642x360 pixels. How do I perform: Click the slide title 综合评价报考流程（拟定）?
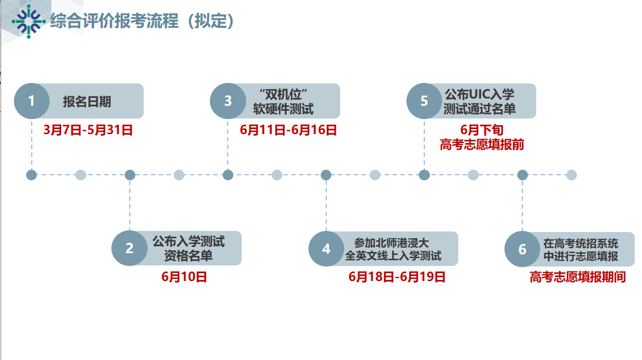coord(142,21)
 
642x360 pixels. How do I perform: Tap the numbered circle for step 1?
coord(32,101)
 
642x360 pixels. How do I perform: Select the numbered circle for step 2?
coord(130,248)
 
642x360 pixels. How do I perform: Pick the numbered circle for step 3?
coord(228,101)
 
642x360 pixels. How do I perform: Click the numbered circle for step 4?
coord(326,249)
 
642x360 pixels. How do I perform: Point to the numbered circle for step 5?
coord(424,101)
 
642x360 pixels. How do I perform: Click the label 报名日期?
coord(87,101)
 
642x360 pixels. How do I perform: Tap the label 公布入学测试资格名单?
coord(188,249)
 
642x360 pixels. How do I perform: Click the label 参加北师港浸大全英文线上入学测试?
coord(393,249)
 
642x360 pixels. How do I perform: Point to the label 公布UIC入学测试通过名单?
coord(479,101)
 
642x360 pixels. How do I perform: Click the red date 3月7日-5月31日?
coord(88,131)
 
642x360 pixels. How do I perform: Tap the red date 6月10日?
coord(184,277)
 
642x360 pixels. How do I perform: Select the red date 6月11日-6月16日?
coord(288,131)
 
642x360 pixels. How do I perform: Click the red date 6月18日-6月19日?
coord(397,277)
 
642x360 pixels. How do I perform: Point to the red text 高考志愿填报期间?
coord(577,277)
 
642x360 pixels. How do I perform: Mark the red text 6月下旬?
coord(482,130)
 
